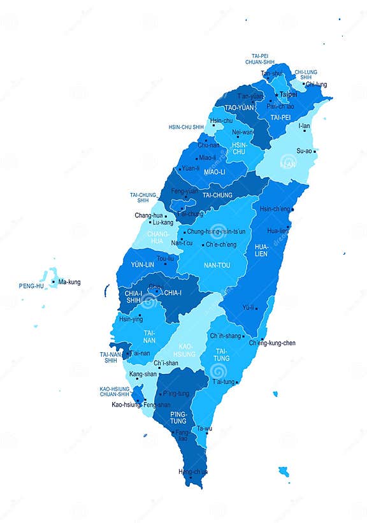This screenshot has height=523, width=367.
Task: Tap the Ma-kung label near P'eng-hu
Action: pyautogui.click(x=69, y=282)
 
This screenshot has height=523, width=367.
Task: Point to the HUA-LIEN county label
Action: pyautogui.click(x=261, y=250)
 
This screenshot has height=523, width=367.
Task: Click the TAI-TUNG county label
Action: pyautogui.click(x=222, y=354)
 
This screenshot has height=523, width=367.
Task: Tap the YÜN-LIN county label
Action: pyautogui.click(x=143, y=264)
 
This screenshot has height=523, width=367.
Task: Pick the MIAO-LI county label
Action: pyautogui.click(x=214, y=172)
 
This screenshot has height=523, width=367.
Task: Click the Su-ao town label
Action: pyautogui.click(x=305, y=151)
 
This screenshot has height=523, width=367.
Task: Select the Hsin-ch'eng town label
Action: pyautogui.click(x=274, y=209)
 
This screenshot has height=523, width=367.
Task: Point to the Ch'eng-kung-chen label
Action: pyautogui.click(x=272, y=343)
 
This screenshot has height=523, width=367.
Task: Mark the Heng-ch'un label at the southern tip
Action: pyautogui.click(x=192, y=472)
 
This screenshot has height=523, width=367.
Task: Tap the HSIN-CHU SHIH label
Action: pyautogui.click(x=186, y=127)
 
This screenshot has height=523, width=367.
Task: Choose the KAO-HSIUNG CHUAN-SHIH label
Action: pyautogui.click(x=115, y=391)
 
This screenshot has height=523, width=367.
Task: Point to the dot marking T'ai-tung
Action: pyautogui.click(x=236, y=382)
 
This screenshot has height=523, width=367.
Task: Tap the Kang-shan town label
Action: pyautogui.click(x=143, y=374)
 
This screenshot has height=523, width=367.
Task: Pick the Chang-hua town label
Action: pyautogui.click(x=148, y=215)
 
